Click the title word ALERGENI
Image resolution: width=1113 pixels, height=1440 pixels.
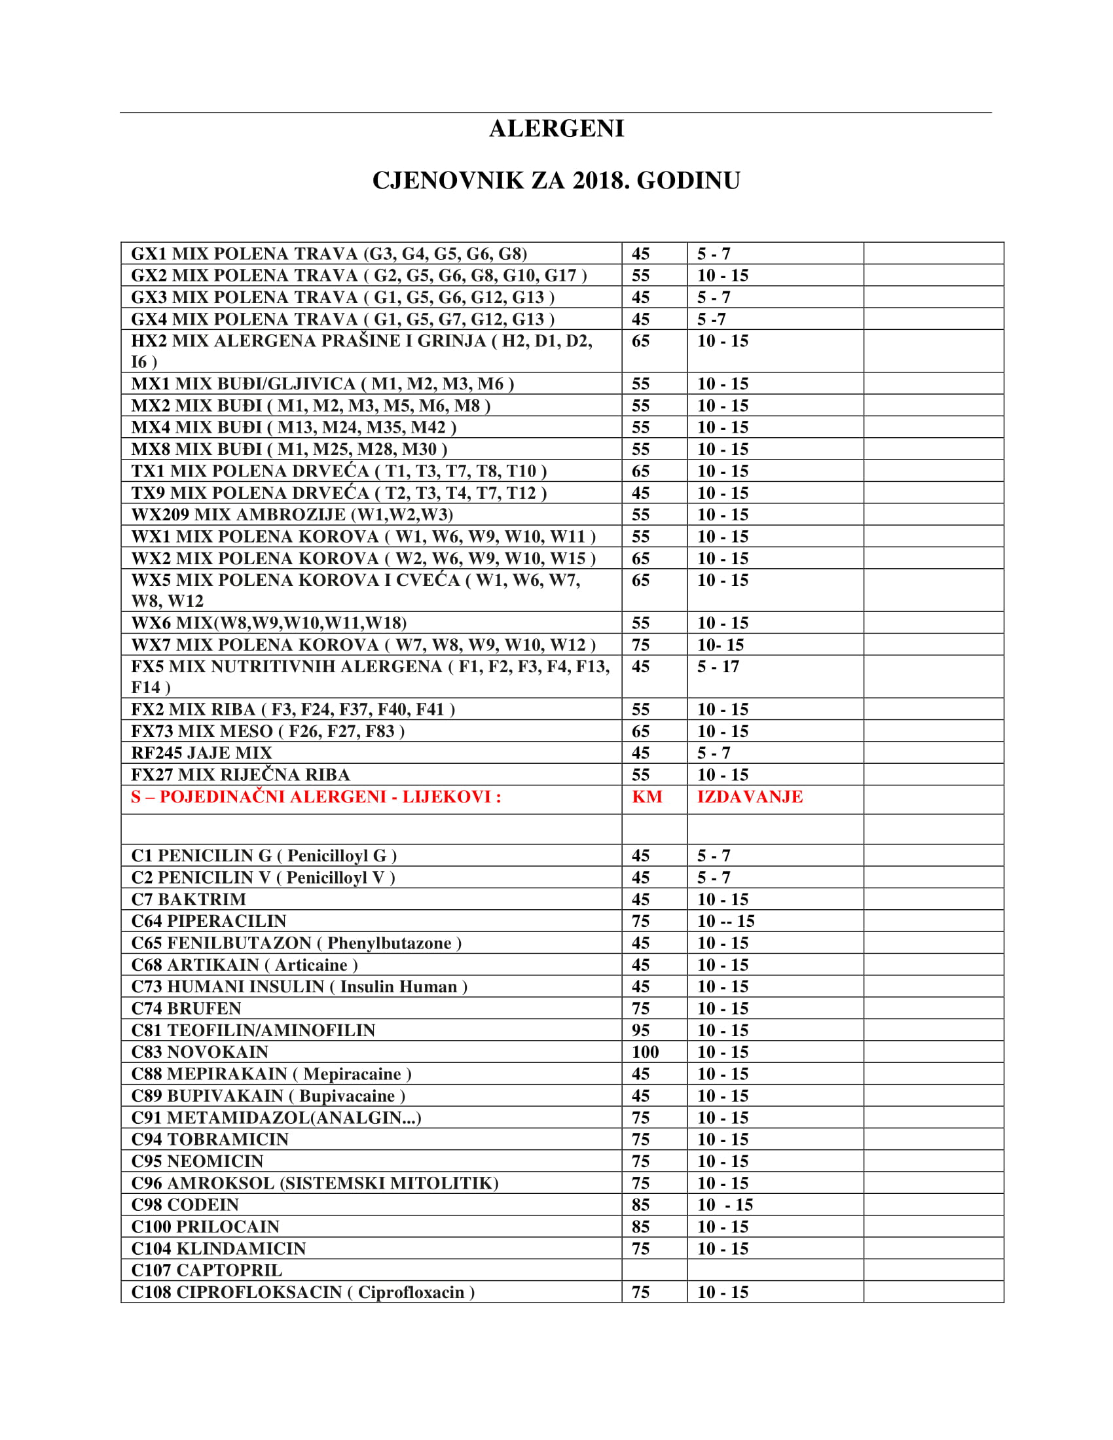point(556,128)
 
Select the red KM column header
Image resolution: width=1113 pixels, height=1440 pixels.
point(646,797)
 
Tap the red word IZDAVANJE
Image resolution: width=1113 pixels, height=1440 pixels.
point(750,797)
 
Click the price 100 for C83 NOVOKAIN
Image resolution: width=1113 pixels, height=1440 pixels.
point(645,1052)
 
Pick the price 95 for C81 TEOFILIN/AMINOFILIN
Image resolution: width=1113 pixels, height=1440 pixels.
point(640,1030)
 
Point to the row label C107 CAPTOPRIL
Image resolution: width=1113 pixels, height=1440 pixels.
point(206,1270)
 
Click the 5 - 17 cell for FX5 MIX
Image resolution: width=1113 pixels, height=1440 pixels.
point(718,666)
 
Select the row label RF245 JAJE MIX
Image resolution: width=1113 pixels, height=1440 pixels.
point(201,753)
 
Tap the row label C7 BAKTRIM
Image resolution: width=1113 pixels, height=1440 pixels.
point(189,899)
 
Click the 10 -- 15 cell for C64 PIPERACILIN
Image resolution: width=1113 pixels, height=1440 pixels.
point(726,921)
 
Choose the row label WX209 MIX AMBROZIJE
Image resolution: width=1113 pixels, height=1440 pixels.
point(292,514)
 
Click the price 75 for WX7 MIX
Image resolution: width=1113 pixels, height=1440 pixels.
point(640,645)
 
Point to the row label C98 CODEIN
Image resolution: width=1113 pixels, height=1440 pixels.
point(185,1204)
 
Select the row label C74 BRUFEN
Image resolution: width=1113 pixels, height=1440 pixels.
point(186,1008)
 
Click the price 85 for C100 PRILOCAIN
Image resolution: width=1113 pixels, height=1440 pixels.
point(640,1227)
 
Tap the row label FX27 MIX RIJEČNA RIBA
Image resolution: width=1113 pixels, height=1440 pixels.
point(240,775)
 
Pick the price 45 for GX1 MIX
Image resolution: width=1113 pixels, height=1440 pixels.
point(640,254)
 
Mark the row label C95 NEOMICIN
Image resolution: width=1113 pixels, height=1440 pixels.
point(197,1161)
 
